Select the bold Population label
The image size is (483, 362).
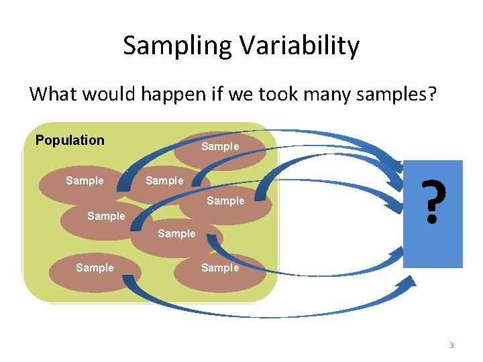click(x=70, y=140)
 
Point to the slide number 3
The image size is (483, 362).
click(x=451, y=345)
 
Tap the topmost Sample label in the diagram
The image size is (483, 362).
click(x=220, y=146)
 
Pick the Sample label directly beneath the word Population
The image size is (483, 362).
click(x=85, y=180)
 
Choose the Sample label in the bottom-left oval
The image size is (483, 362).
click(x=95, y=267)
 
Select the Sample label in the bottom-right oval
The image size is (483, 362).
click(x=220, y=267)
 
